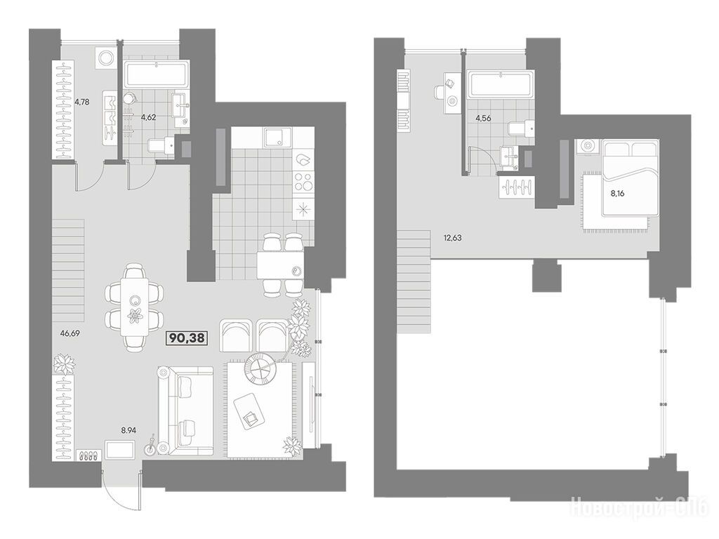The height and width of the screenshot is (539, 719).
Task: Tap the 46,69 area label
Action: (x=70, y=333)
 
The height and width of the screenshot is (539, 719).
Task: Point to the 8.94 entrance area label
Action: (x=130, y=430)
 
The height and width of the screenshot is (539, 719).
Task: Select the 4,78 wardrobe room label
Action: (x=81, y=102)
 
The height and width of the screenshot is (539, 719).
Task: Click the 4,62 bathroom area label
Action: (x=149, y=117)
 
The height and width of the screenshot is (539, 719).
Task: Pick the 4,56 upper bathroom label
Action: (x=483, y=118)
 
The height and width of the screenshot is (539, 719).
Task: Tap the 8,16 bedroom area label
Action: (x=616, y=194)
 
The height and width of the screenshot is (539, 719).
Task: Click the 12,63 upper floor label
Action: (x=453, y=237)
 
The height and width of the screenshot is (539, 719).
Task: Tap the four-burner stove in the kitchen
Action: (x=303, y=181)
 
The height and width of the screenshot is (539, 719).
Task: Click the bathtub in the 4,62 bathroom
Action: (x=156, y=74)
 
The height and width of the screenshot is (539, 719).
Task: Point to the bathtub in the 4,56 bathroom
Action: (x=500, y=84)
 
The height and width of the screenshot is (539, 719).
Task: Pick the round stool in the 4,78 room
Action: (x=107, y=58)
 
